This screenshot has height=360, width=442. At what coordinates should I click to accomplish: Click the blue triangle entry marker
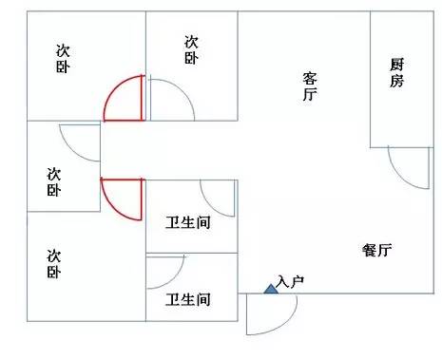click(271, 289)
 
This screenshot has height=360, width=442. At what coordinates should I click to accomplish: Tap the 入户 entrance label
click(290, 281)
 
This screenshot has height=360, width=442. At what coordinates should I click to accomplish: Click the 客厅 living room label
click(310, 86)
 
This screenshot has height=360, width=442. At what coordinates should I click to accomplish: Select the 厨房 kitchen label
click(396, 72)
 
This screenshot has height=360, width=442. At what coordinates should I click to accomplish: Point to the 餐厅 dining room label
click(377, 250)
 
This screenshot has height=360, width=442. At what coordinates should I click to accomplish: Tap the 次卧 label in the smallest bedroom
click(54, 181)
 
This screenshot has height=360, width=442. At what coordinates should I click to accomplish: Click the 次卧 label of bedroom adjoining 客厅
click(191, 49)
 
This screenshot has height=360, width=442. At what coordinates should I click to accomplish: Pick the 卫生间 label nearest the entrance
click(188, 299)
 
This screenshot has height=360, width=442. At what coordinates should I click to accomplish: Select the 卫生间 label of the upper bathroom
click(188, 222)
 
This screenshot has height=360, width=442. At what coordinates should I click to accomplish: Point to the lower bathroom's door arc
click(174, 278)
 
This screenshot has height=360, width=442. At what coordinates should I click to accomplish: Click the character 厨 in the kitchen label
click(396, 65)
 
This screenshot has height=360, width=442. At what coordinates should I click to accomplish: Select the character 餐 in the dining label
click(370, 250)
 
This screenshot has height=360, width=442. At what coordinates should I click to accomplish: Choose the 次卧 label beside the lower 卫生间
click(54, 264)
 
